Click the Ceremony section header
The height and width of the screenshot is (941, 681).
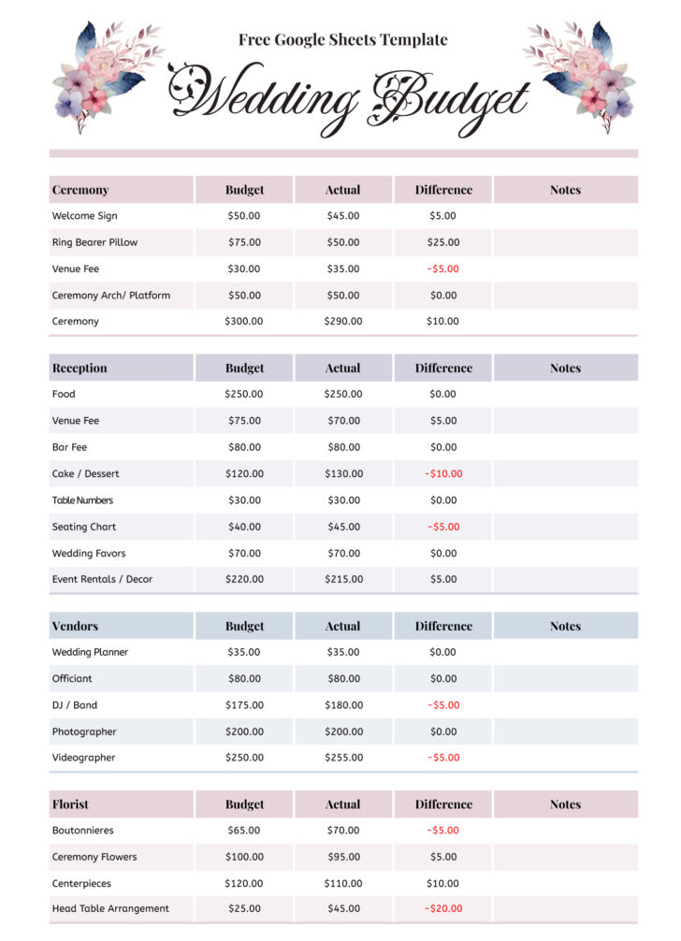coord(80,190)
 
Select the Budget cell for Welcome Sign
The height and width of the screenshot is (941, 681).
coord(244,216)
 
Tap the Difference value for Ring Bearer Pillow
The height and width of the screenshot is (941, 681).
coord(443,242)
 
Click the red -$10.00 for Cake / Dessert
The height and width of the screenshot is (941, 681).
coord(443,474)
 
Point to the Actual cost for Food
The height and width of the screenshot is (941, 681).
coord(343,395)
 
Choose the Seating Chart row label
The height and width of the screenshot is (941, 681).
coord(84,527)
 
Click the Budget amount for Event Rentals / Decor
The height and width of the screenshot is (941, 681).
coord(244,580)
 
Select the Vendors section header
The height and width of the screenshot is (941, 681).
coord(75,626)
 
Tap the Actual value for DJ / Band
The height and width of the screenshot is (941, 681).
coord(343,705)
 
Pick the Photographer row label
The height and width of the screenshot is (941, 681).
coord(84,731)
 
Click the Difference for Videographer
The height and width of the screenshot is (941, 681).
coord(443,758)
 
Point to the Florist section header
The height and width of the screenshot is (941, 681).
coord(72,804)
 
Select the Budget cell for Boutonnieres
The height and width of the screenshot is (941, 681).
coord(244,831)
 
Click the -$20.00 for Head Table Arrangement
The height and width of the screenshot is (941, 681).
coord(443,909)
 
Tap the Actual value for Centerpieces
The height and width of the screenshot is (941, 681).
coord(343,883)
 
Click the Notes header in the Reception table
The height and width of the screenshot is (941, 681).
coord(565,369)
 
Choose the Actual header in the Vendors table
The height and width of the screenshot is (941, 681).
coord(343,626)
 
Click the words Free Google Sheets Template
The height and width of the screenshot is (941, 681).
coord(342,40)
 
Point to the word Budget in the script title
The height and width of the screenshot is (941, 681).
coord(449,98)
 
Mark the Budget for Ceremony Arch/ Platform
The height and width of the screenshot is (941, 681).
coord(244,296)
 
